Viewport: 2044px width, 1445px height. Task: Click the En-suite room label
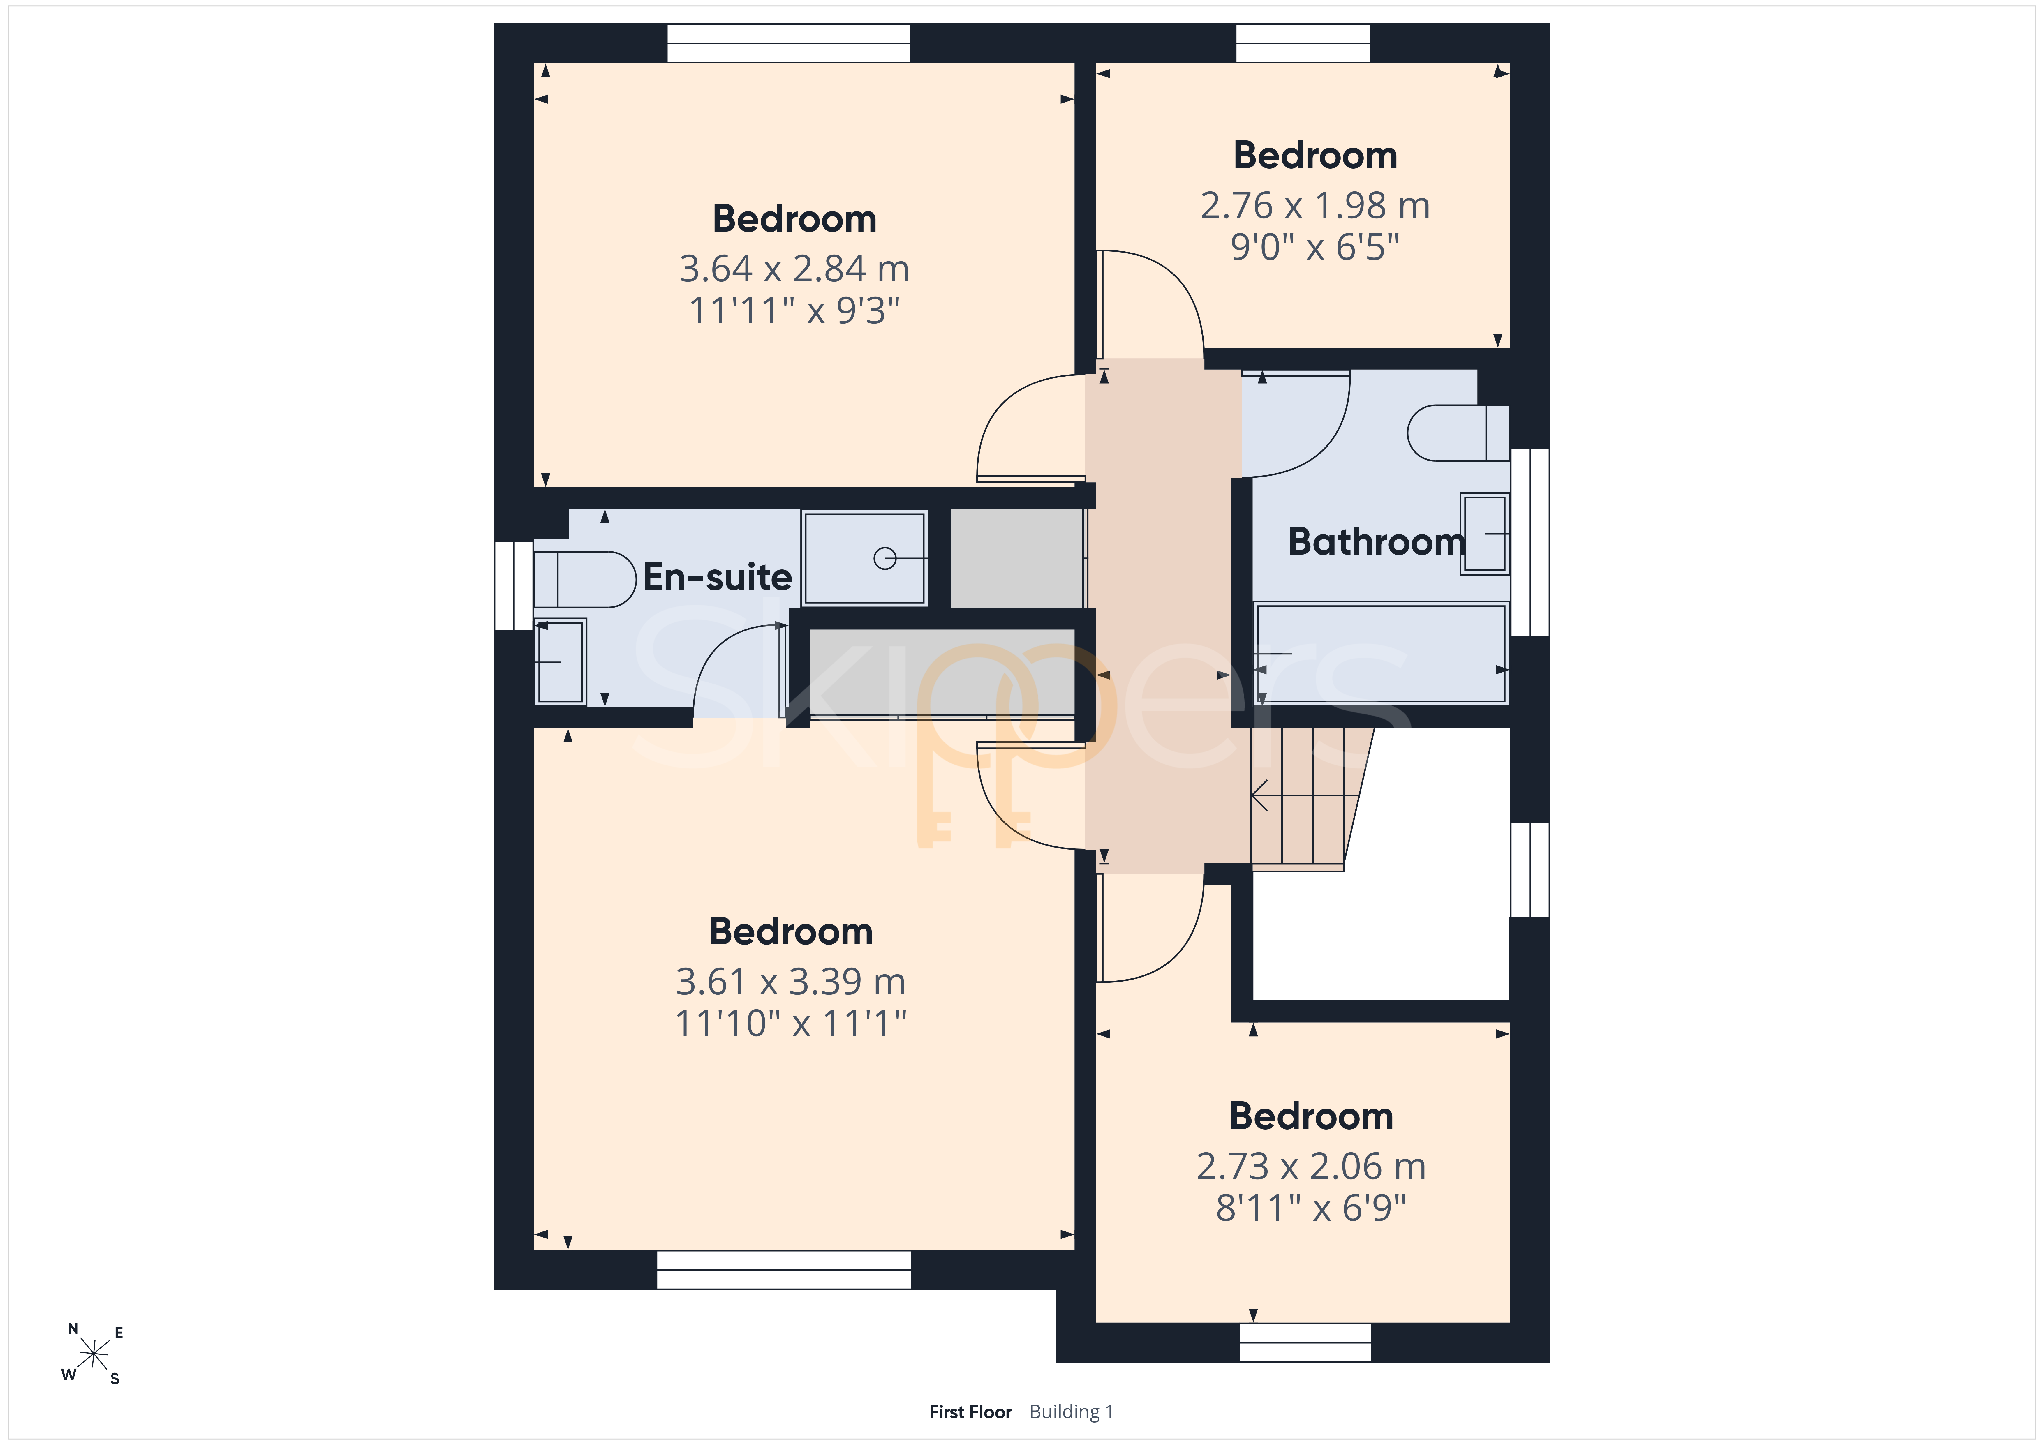(718, 577)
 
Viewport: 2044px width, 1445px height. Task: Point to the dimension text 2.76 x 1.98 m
(1315, 206)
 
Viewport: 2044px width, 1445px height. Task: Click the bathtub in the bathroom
(1380, 654)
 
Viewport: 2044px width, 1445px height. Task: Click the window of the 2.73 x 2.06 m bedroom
(1305, 1342)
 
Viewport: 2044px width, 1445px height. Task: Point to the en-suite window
(514, 586)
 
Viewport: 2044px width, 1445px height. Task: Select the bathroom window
(1530, 542)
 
